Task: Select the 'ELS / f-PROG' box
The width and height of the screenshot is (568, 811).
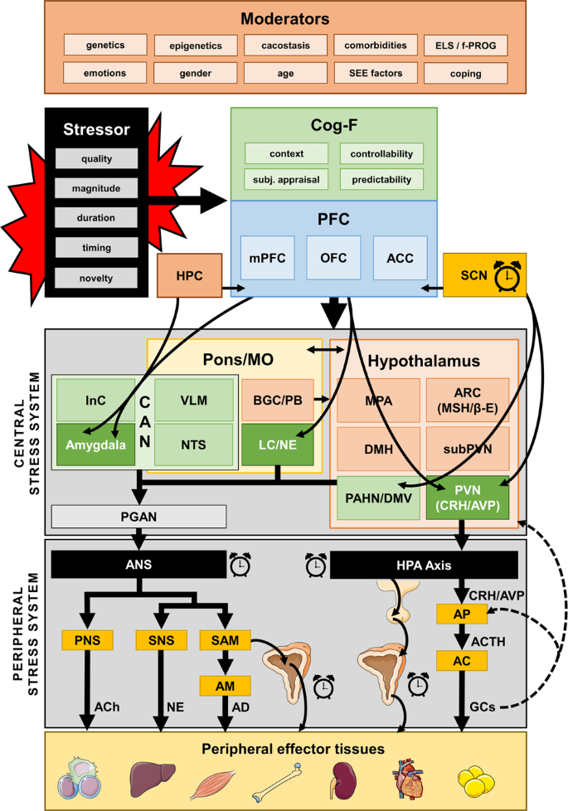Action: (465, 46)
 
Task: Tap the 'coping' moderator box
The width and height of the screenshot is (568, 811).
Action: (465, 74)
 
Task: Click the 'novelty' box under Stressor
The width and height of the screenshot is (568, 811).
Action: (96, 278)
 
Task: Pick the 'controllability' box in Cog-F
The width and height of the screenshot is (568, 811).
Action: (381, 153)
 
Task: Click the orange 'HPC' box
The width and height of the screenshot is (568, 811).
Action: (189, 274)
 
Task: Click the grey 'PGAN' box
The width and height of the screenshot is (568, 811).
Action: (138, 517)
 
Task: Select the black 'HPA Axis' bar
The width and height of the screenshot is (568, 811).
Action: (425, 566)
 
